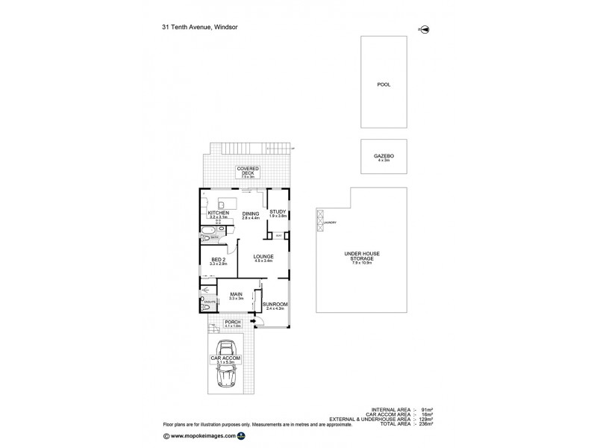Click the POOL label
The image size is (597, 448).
[384, 84]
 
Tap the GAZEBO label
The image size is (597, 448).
[384, 155]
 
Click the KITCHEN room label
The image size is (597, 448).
[217, 214]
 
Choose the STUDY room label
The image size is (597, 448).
[278, 212]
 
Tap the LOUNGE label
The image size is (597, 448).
[263, 257]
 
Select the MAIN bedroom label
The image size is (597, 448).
[237, 295]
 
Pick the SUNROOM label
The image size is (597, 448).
[275, 305]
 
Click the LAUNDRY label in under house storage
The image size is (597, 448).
[331, 223]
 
